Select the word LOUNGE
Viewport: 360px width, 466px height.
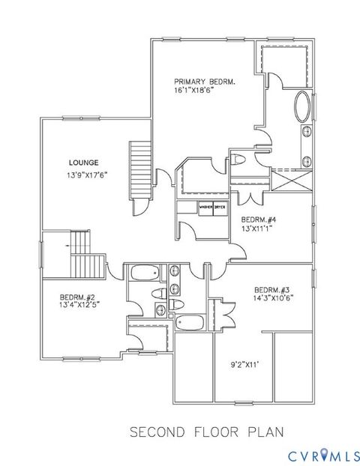pos(83,162)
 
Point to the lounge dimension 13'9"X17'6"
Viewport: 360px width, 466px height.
pos(86,177)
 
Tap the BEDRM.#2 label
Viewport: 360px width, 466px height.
pos(62,297)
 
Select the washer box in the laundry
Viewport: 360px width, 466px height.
pos(205,207)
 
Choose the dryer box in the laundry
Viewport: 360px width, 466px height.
pos(220,207)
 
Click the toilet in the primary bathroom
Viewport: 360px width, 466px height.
pos(238,159)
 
